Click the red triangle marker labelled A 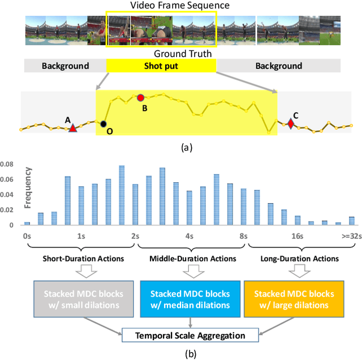point(72,128)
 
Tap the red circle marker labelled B point(141,97)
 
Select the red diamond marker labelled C point(291,123)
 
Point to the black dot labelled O point(104,123)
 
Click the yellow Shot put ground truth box point(161,66)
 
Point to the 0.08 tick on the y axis point(10,165)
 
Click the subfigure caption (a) point(186,147)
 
